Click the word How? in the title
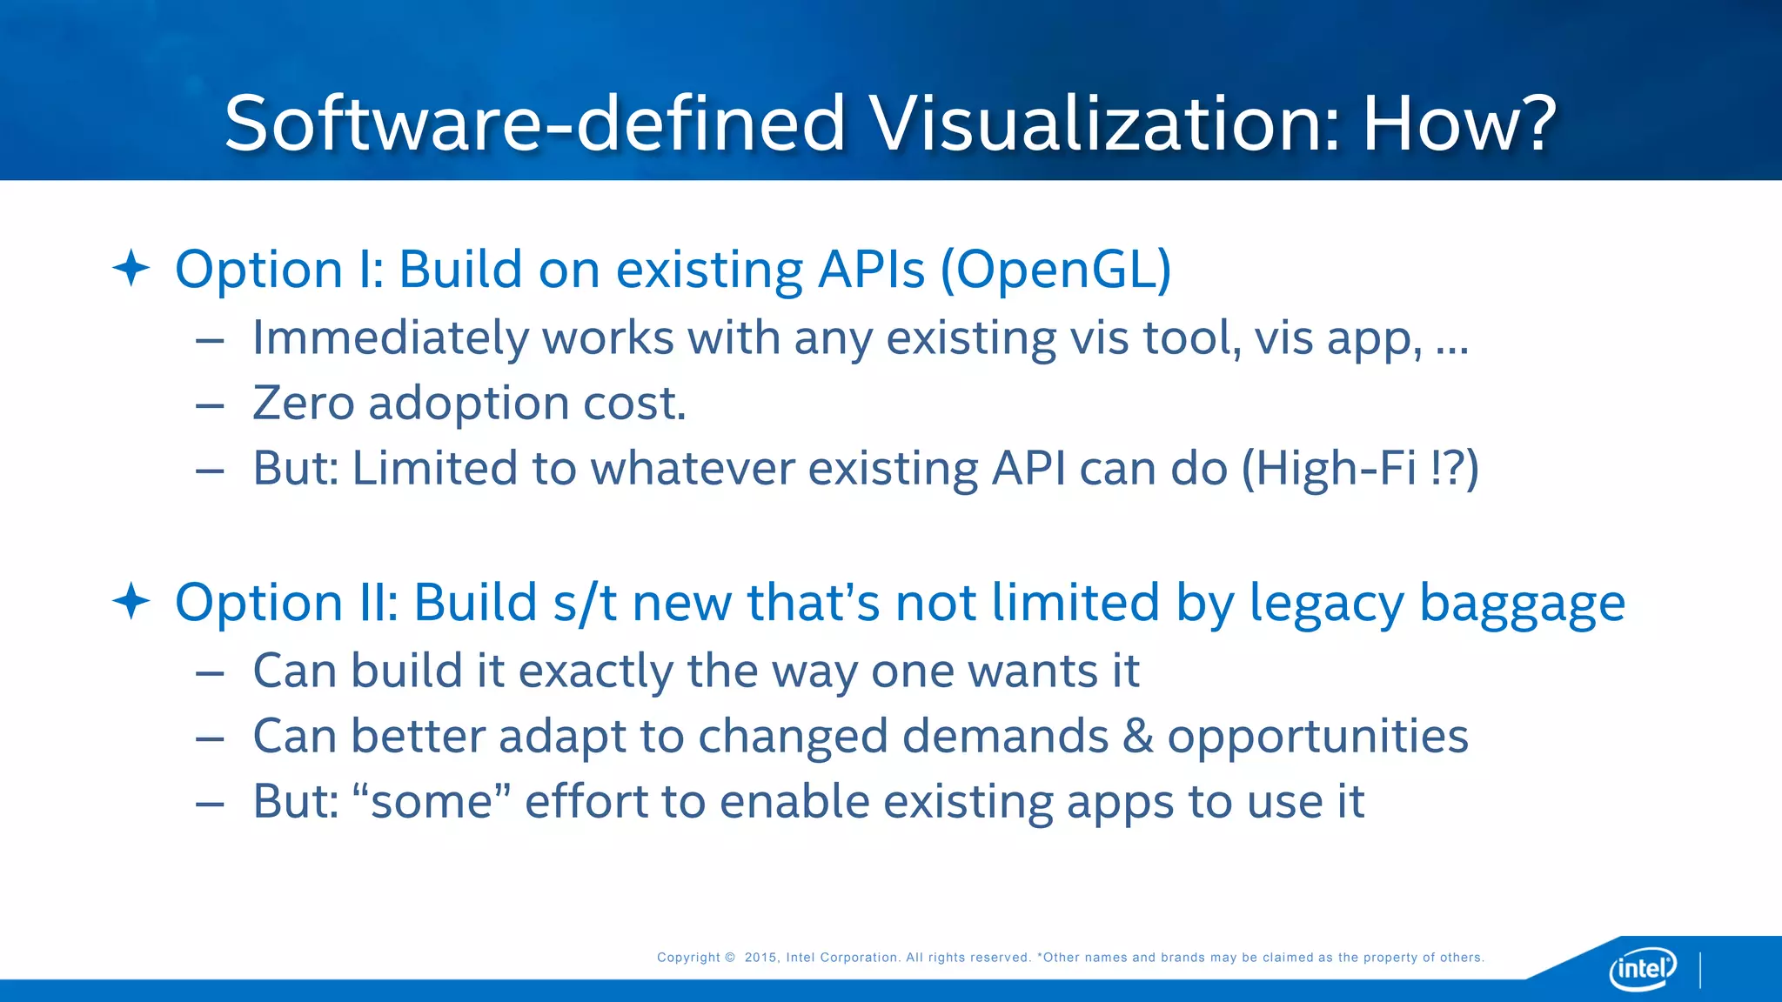click(x=1458, y=124)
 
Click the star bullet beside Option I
click(x=131, y=268)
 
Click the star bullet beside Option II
click(x=131, y=602)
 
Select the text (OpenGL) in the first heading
click(x=1055, y=270)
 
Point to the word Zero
click(x=303, y=404)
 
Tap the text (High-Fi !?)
click(x=1360, y=469)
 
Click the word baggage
click(x=1522, y=605)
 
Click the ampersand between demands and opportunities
click(x=1137, y=737)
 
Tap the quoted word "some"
click(x=432, y=801)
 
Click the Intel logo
click(x=1642, y=968)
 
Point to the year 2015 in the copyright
click(x=760, y=958)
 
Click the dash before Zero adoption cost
click(x=210, y=405)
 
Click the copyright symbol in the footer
click(x=730, y=958)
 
